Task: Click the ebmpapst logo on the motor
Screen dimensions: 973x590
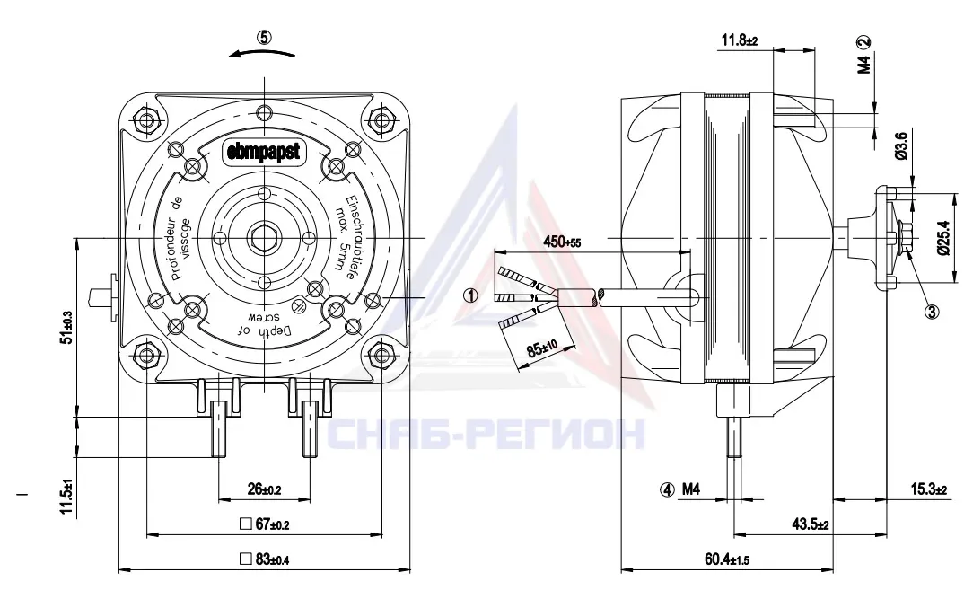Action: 264,151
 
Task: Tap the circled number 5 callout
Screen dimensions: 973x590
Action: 265,38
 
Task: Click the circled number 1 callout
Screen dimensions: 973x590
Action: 472,295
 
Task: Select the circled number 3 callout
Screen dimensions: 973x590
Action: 932,312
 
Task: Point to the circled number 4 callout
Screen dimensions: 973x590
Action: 667,490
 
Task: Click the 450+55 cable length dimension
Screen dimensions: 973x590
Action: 562,242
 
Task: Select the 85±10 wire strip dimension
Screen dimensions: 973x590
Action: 542,346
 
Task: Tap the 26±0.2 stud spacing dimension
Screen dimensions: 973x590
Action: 265,489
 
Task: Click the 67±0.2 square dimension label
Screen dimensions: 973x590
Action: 265,524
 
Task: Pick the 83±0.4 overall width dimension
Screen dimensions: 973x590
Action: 265,559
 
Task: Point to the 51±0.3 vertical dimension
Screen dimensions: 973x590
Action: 67,327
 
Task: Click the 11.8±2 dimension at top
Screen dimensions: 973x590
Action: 739,41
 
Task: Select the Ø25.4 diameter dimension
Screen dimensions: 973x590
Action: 944,237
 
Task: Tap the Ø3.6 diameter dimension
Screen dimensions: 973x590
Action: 903,145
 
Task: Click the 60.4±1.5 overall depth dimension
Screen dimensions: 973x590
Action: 727,559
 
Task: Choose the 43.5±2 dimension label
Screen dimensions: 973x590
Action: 811,524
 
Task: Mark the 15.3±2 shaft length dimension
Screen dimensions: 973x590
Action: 929,489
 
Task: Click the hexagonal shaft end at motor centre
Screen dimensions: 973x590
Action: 265,239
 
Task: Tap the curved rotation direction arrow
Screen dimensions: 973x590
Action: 262,54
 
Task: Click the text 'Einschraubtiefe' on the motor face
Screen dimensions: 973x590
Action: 349,236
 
